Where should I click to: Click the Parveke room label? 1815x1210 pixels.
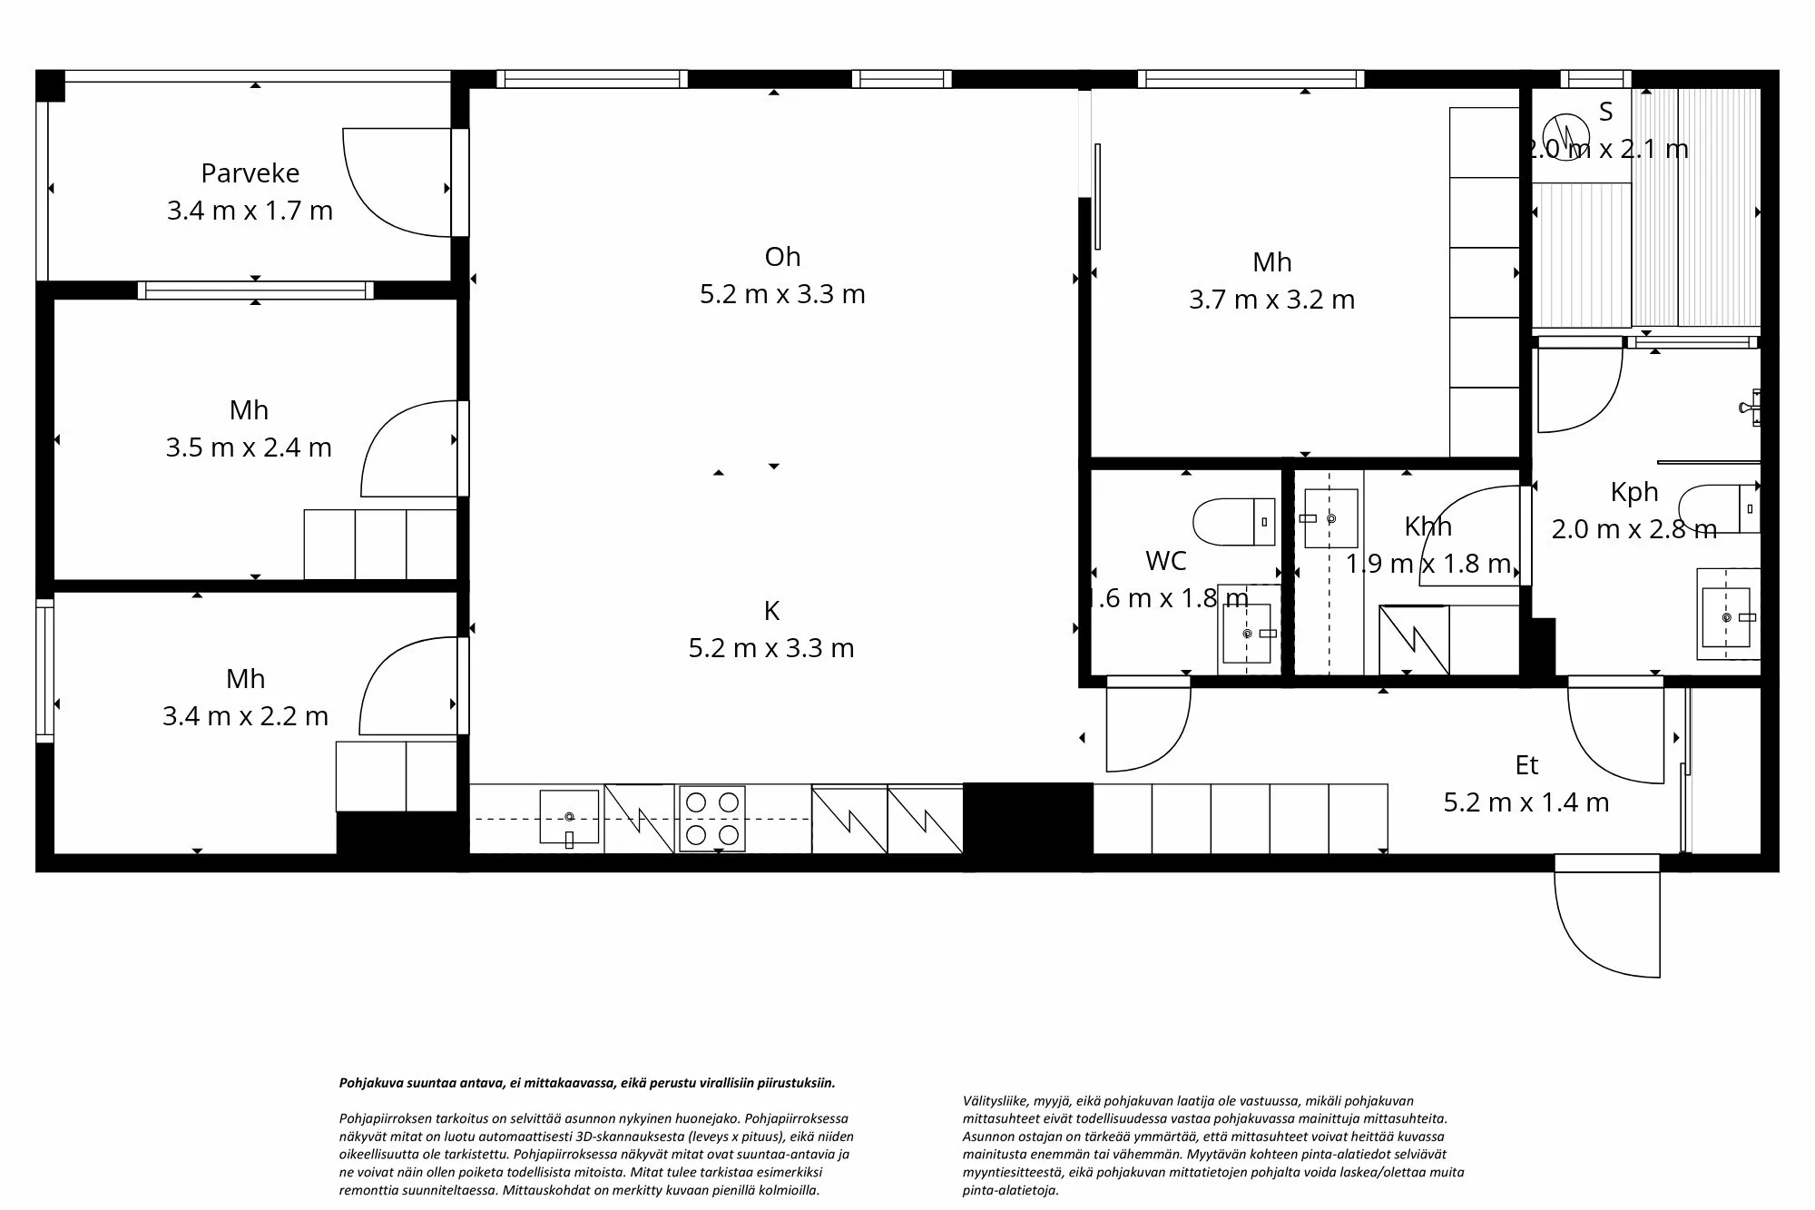click(x=250, y=172)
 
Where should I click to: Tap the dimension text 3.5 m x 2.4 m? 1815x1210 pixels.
click(x=249, y=448)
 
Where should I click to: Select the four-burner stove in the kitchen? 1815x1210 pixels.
click(x=712, y=819)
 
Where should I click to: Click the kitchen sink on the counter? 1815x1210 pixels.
click(x=569, y=817)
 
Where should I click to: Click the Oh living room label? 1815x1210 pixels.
click(x=782, y=257)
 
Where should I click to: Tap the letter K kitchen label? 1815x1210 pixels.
click(x=771, y=611)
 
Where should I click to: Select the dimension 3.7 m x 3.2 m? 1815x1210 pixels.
click(x=1271, y=300)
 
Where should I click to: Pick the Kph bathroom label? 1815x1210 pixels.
click(x=1634, y=492)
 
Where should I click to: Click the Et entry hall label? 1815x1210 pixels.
click(x=1526, y=765)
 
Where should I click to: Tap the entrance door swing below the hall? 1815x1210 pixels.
click(x=1606, y=917)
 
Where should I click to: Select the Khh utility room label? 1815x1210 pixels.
click(x=1427, y=526)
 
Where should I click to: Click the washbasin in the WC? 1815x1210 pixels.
click(x=1248, y=633)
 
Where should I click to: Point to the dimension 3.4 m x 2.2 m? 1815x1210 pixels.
click(x=245, y=716)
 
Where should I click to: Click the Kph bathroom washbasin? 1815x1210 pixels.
click(x=1726, y=617)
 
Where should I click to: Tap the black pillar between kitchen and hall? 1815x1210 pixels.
click(x=1027, y=817)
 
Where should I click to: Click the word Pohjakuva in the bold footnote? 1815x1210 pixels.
click(x=367, y=1083)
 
